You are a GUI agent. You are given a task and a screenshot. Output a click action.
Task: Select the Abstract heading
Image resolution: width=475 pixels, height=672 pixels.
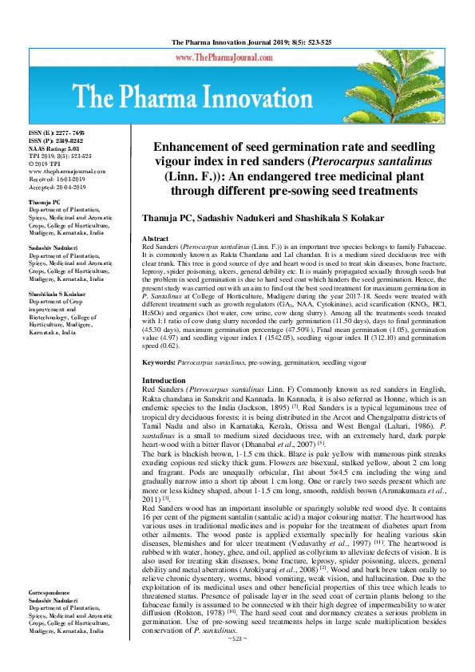point(155,239)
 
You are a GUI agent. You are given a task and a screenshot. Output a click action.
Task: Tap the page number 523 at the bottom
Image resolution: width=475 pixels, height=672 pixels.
point(237,662)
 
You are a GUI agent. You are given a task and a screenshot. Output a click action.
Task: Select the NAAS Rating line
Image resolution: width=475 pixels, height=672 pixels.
point(55,148)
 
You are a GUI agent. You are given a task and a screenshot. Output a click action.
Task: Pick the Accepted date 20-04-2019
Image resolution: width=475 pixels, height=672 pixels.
point(56,187)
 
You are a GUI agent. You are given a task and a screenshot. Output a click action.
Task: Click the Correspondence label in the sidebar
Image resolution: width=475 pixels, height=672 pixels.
point(52,616)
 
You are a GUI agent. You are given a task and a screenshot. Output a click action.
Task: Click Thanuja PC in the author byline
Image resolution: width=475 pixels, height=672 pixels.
point(170,218)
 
